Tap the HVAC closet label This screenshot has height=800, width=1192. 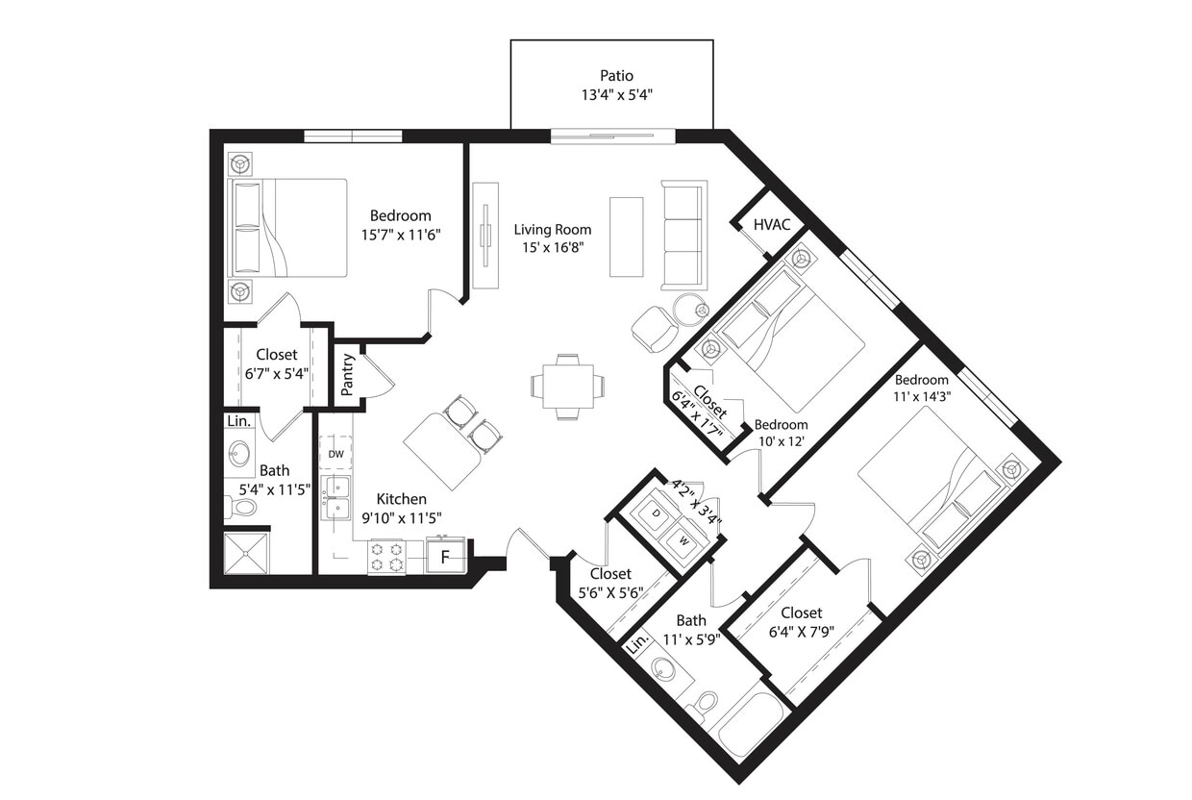click(x=772, y=225)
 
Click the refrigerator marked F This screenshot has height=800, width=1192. click(x=445, y=557)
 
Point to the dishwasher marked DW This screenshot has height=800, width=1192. click(x=335, y=453)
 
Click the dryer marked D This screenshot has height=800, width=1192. click(x=657, y=515)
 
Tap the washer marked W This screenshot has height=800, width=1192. click(x=683, y=540)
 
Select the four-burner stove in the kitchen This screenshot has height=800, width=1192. click(x=387, y=558)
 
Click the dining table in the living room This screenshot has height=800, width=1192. click(x=567, y=387)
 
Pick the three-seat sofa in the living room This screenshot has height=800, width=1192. click(x=683, y=235)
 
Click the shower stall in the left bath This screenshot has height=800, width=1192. click(x=247, y=552)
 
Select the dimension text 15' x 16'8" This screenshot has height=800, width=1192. click(x=552, y=246)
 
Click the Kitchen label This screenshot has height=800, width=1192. click(x=401, y=499)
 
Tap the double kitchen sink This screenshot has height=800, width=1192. click(x=336, y=495)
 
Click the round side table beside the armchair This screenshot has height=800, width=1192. click(x=688, y=310)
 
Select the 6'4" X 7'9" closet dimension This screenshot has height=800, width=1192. click(x=802, y=631)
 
